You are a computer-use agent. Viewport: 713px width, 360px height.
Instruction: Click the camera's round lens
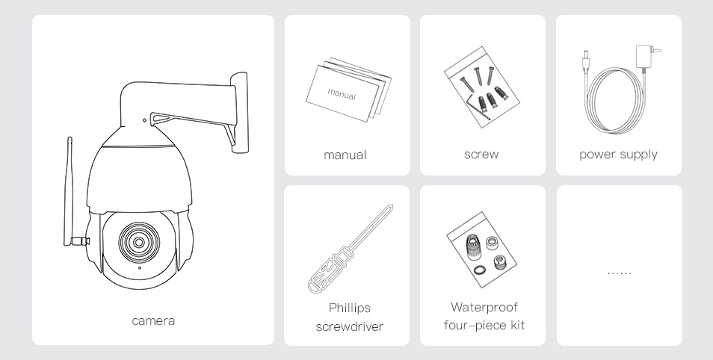click(x=139, y=242)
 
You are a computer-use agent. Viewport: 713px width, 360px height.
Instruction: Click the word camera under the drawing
click(x=153, y=321)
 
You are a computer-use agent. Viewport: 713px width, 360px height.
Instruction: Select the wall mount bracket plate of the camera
click(x=240, y=112)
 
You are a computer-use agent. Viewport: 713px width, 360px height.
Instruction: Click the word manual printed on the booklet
click(x=342, y=94)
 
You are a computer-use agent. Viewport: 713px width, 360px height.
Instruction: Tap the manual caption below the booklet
click(x=345, y=155)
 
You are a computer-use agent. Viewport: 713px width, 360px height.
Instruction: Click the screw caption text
click(x=481, y=155)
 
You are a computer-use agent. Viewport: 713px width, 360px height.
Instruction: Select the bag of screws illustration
click(x=482, y=87)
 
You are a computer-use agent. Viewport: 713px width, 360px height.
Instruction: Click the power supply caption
click(x=618, y=155)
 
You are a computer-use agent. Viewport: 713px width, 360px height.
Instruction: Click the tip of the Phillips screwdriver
click(x=391, y=208)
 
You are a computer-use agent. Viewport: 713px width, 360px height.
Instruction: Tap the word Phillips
click(x=349, y=308)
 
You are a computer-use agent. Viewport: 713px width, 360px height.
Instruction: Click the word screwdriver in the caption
click(x=349, y=327)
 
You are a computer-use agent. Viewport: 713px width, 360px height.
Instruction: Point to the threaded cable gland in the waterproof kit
click(x=473, y=246)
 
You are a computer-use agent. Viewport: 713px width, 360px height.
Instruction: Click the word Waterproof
click(x=484, y=308)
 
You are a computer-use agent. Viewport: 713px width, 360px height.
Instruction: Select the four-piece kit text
click(x=484, y=326)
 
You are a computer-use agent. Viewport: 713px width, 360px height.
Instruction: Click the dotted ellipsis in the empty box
click(x=620, y=273)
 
